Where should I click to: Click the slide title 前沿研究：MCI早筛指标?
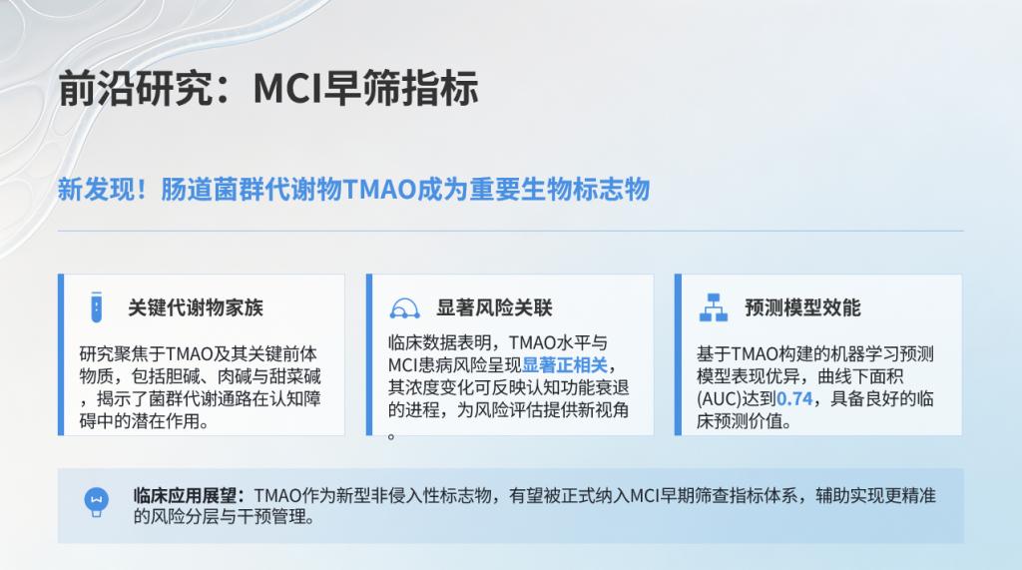point(268,88)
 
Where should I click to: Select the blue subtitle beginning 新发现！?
point(354,190)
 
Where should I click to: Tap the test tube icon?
point(97,307)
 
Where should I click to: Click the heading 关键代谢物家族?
point(196,307)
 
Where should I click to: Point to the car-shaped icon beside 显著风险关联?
point(405,307)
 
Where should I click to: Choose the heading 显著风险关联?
point(495,307)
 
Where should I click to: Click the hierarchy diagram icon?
point(713,307)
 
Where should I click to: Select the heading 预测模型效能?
point(803,307)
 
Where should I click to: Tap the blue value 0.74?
point(794,398)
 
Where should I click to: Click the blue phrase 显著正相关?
point(565,365)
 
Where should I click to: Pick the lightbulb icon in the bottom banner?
point(97,502)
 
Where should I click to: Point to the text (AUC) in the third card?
point(719,398)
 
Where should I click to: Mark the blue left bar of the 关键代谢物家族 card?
point(61,354)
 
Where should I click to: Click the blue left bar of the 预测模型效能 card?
point(678,354)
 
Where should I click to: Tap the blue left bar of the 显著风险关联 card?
point(369,354)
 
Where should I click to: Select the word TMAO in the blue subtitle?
point(379,190)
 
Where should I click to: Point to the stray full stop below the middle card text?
point(391,436)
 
